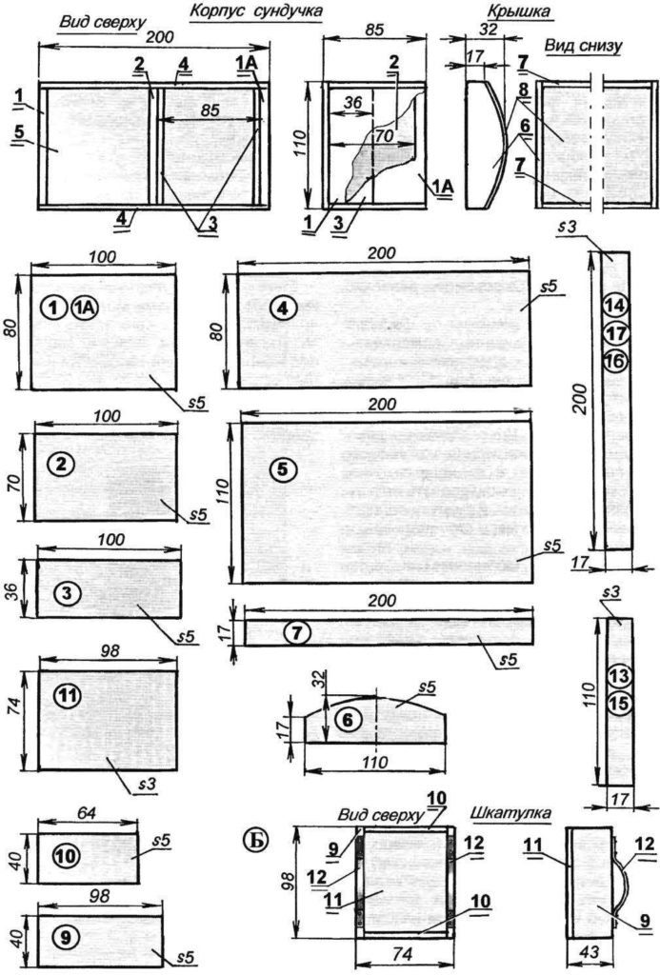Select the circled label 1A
[x=85, y=307]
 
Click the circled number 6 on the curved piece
[x=349, y=721]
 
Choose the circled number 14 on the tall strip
[x=614, y=306]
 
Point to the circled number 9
[x=64, y=936]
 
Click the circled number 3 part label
[x=64, y=593]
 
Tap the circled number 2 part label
[x=62, y=464]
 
